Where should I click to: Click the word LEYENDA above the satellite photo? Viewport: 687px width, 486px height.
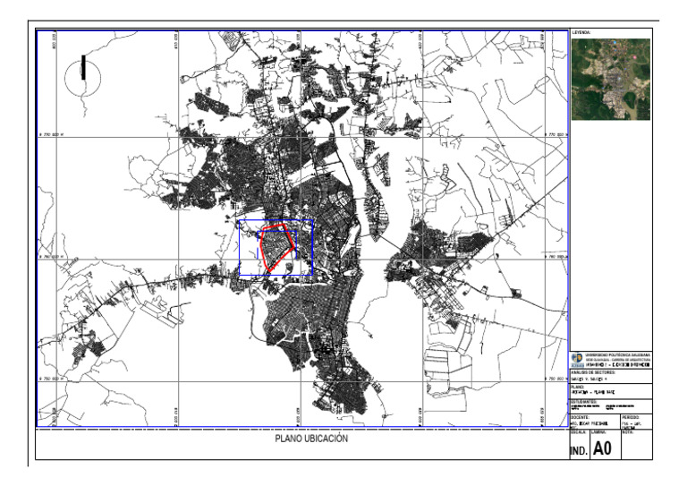coord(582,32)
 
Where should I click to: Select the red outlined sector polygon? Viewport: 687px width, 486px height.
coord(277,247)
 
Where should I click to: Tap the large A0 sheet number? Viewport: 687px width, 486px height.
coord(603,449)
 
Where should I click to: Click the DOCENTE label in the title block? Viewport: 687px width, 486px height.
coord(580,416)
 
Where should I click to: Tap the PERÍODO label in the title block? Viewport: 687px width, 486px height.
coord(631,416)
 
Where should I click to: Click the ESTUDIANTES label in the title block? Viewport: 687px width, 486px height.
coord(583,402)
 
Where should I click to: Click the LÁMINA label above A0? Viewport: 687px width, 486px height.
coord(600,432)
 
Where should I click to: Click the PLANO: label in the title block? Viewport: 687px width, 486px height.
coord(578,388)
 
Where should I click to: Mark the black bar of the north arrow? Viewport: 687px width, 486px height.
coord(84,67)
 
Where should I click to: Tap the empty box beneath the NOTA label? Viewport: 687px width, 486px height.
coord(637,449)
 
